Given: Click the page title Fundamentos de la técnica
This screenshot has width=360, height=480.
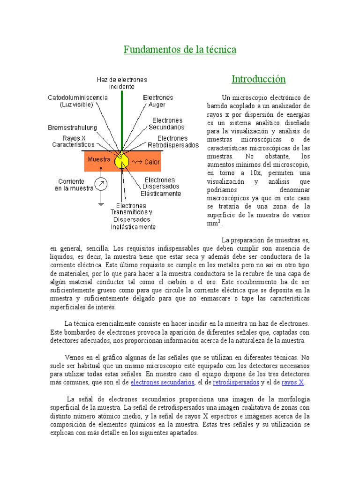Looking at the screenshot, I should [180, 49].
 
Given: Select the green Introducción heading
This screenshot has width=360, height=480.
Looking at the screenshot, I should [258, 79].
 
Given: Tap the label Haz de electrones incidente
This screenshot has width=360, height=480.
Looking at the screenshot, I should [122, 83].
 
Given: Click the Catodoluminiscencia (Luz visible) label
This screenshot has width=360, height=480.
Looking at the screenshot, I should [78, 101].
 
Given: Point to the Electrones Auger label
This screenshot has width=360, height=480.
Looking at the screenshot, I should [157, 101].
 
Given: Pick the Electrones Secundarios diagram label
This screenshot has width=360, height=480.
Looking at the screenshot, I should [166, 124].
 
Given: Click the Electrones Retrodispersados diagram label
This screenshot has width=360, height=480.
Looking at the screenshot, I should [173, 142].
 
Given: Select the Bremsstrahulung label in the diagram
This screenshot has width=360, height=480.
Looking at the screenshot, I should [72, 127].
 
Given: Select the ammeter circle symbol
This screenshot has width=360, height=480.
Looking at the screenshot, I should [101, 183].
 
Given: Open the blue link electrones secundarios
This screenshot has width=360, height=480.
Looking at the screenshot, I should [162, 382].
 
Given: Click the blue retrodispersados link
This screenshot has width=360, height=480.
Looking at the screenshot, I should [236, 382].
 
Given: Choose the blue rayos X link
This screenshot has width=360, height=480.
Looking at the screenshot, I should [292, 382].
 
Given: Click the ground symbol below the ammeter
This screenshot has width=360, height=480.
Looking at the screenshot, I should [101, 203].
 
